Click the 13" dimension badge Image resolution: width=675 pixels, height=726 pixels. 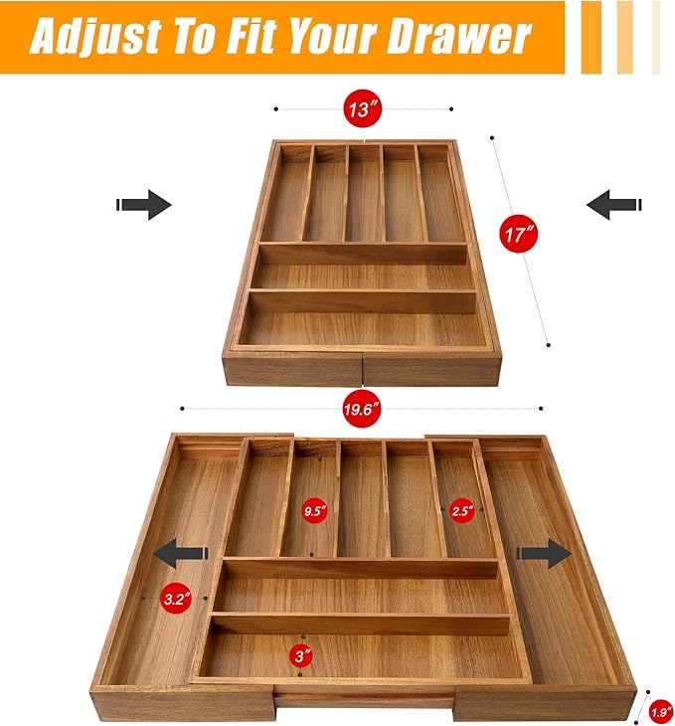(362, 108)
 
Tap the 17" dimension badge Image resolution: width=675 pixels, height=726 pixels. (519, 234)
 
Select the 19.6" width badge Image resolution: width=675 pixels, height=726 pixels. (362, 409)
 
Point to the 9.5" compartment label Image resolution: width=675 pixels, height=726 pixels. (315, 511)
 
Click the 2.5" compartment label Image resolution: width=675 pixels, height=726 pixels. (462, 510)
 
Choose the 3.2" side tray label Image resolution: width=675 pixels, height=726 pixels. (177, 599)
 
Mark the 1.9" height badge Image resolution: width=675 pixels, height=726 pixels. (661, 711)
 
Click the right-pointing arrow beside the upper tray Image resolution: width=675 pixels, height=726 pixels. (144, 204)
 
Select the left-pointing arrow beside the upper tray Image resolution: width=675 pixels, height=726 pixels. (614, 204)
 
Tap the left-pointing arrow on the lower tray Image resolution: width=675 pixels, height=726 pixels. (181, 553)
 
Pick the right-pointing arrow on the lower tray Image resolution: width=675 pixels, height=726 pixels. (544, 553)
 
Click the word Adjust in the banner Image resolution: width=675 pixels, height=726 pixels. (93, 37)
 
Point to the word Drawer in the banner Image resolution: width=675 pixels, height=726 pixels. (459, 37)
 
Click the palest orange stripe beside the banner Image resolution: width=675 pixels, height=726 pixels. (655, 37)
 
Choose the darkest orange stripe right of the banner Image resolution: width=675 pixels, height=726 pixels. (591, 37)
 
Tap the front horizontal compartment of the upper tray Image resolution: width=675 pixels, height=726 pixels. (362, 325)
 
